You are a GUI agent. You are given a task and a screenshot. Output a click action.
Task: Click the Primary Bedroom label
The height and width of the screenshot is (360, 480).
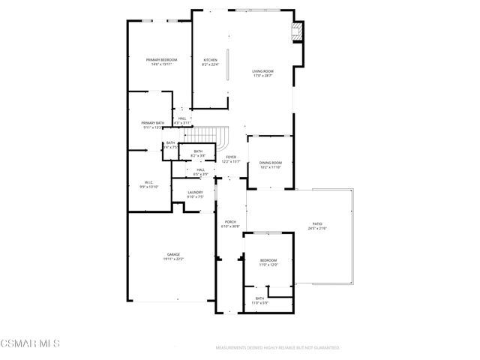tap(162, 60)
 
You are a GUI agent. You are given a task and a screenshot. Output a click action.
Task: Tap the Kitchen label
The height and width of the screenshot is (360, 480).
tap(210, 60)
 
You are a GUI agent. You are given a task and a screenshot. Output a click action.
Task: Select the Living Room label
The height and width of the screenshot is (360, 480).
tap(262, 71)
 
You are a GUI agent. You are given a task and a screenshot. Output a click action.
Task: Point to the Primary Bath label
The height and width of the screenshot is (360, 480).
tap(152, 123)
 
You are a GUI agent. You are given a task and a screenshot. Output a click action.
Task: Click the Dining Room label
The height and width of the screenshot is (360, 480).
tap(271, 163)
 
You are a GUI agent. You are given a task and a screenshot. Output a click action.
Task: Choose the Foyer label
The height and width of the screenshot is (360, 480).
tap(231, 157)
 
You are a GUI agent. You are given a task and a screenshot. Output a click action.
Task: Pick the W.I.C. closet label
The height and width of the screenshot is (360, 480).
tap(148, 182)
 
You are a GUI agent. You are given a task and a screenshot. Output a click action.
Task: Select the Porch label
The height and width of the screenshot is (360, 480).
tap(231, 221)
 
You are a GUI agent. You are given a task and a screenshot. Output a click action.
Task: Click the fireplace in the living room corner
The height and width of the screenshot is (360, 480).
tap(298, 31)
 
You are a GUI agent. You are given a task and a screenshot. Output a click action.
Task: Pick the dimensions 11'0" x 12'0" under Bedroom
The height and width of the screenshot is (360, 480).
tap(268, 265)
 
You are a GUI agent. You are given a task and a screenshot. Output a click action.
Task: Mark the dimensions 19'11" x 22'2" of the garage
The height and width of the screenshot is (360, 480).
tap(173, 259)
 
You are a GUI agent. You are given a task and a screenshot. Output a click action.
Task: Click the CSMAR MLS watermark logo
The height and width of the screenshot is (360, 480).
tap(30, 343)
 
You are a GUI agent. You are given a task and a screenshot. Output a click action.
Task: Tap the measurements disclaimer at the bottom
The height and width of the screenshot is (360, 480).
tap(277, 348)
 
